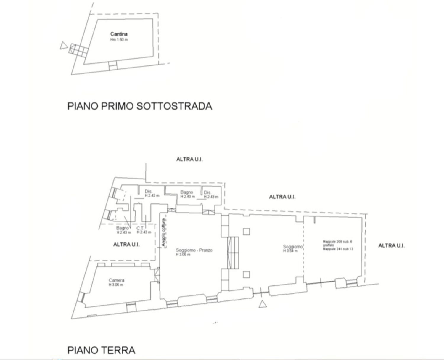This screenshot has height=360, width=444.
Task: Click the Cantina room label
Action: click(119, 34)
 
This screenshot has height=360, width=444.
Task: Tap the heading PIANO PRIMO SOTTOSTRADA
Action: click(140, 106)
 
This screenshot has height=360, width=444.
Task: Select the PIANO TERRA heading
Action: click(101, 350)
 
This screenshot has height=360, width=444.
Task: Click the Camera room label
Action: click(116, 280)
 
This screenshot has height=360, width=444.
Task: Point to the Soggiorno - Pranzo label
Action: click(194, 250)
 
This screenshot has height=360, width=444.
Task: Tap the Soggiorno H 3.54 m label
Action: click(292, 247)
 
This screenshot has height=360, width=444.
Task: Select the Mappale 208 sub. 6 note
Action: click(337, 242)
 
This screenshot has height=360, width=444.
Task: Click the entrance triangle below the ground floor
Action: click(262, 304)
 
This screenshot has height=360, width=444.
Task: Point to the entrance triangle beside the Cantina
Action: click(63, 46)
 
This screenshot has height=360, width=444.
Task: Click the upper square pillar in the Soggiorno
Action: click(246, 231)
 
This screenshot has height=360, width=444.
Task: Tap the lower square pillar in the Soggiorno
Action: click(246, 274)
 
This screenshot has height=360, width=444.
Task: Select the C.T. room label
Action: click(140, 228)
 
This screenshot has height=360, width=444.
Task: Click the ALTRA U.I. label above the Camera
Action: click(126, 245)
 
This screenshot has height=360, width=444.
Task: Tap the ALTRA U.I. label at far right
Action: click(391, 245)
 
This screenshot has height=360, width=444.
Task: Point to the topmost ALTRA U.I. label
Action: click(189, 159)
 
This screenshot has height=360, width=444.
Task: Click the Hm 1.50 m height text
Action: click(119, 40)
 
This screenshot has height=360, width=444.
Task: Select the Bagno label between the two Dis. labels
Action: click(186, 192)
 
